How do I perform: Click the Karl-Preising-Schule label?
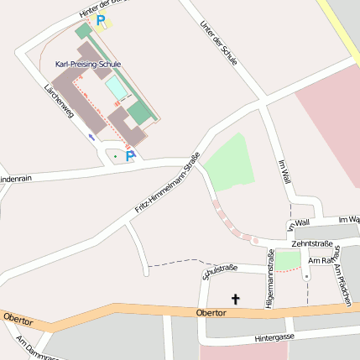coord(88,64)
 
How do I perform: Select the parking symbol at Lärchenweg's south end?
coord(130,156)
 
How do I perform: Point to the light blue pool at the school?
coord(117,87)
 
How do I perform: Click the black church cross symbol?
coord(235,298)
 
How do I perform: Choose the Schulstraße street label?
coord(220,271)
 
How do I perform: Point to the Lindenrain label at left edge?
coord(15,179)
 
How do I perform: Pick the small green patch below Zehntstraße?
coord(288,261)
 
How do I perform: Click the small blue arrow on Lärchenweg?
coord(91,136)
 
